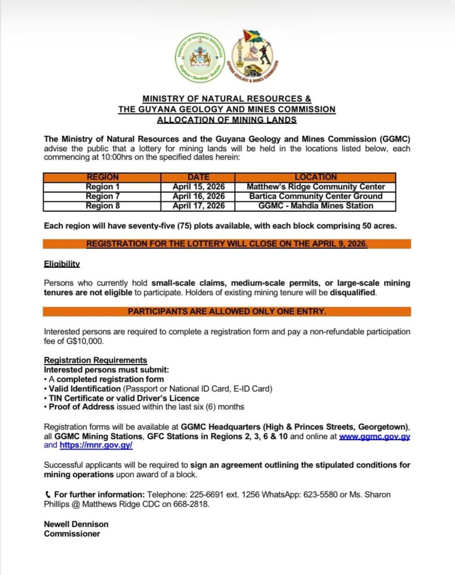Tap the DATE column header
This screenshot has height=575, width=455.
coord(198,177)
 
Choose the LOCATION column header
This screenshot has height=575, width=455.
coord(316,177)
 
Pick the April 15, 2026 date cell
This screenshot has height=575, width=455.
coord(198,186)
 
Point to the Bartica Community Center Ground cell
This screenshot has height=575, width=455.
coord(316,196)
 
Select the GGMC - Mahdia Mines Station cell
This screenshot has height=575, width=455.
coord(316,206)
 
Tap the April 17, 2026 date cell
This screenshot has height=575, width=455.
coord(198,206)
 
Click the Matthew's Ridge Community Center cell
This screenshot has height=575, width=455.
coord(316,186)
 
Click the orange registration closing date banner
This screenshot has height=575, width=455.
coord(227,244)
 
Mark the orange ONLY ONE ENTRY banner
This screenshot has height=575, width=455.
coord(227,312)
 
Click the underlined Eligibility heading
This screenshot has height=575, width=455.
coord(62,263)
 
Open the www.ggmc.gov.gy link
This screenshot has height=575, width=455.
coord(375,436)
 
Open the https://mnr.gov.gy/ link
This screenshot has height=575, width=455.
coord(96,445)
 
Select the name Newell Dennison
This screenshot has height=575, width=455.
coord(76,524)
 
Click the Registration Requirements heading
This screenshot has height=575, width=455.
coord(95,360)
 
